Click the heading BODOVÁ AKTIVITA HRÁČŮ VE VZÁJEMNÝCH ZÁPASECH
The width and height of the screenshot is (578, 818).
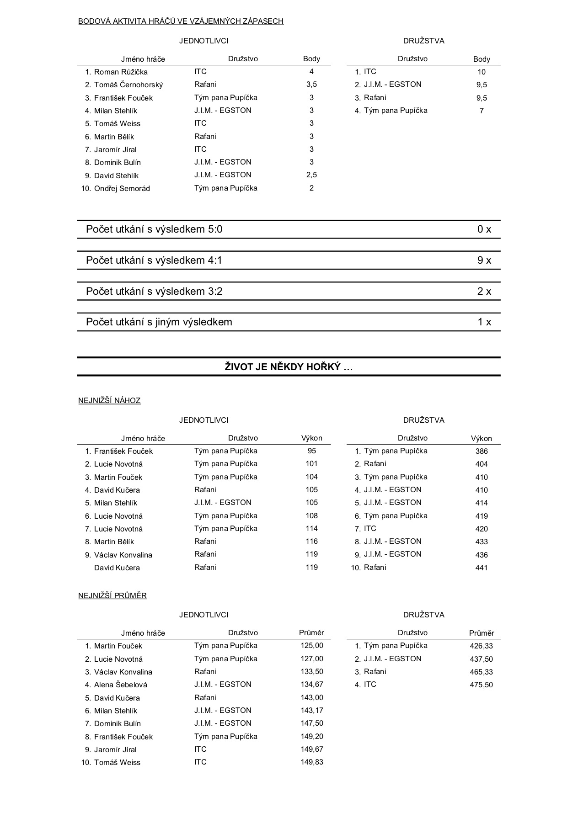181,21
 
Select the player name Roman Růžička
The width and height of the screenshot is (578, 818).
121,72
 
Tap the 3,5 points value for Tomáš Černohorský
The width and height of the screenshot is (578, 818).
311,85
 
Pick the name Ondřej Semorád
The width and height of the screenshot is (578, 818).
122,188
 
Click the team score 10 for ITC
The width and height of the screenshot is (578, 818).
481,72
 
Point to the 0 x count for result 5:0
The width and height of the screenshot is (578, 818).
484,229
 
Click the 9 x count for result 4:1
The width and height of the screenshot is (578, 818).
484,260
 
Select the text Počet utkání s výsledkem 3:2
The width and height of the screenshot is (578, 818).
154,292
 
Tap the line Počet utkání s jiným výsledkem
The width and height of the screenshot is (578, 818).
159,322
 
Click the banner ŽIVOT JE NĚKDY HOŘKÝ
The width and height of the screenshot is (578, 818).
289,367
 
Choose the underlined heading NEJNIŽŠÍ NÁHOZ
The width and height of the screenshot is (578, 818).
109,401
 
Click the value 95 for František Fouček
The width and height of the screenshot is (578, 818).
311,451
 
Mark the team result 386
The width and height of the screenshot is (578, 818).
481,451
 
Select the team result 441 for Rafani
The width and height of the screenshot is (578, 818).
481,568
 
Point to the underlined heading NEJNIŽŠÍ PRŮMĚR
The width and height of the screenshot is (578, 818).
112,596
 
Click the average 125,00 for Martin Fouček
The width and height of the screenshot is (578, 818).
312,646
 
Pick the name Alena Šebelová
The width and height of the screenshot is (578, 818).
121,685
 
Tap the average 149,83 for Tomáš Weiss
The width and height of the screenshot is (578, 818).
312,762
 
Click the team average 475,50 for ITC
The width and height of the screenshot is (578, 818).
481,685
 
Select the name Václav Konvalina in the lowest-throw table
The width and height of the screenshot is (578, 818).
123,555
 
